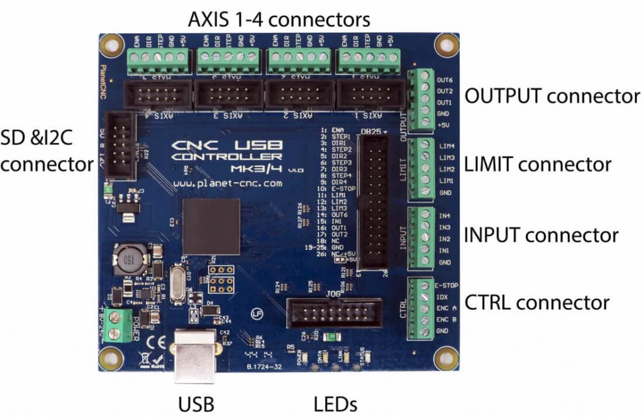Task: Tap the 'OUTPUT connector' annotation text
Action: click(x=552, y=96)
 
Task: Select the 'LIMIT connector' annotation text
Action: click(x=537, y=165)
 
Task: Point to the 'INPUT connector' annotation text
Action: click(x=540, y=235)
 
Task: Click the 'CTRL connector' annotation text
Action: click(x=536, y=302)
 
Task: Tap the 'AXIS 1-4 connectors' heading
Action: click(x=279, y=20)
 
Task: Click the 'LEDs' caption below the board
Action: click(x=335, y=403)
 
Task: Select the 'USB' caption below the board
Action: click(x=196, y=403)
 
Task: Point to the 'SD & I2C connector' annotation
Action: click(x=47, y=152)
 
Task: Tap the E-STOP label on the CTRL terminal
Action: click(x=445, y=285)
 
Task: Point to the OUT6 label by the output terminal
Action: click(x=445, y=80)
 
